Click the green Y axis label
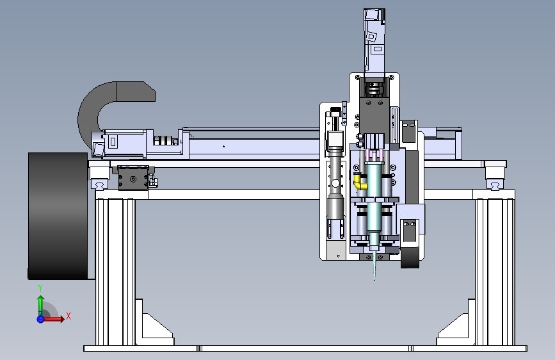coord(40,288)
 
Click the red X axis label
coord(68,316)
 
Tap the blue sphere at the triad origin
coord(40,319)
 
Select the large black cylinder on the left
coord(58,216)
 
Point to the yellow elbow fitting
coord(360,181)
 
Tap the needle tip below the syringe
coord(374,279)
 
